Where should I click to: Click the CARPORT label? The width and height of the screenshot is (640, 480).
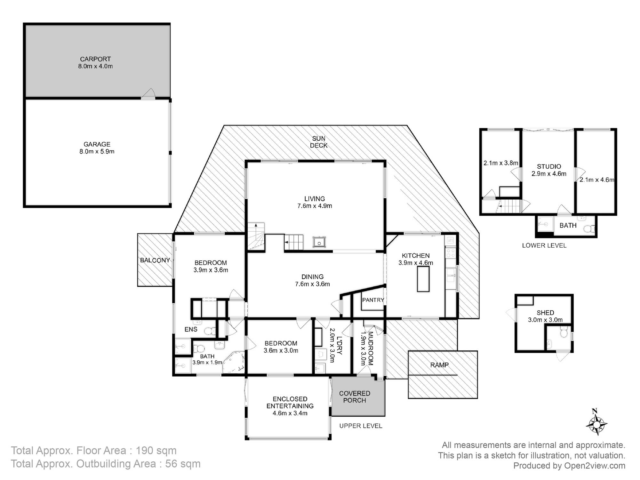coord(95,59)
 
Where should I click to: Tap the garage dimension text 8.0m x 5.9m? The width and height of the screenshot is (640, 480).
coord(97,151)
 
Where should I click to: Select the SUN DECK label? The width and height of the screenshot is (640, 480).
coord(319,142)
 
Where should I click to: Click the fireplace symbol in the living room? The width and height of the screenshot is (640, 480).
coord(319,242)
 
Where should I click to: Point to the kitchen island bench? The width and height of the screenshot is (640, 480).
coord(423,278)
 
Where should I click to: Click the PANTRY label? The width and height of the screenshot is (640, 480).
coord(373,300)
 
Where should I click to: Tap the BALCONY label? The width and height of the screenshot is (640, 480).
coord(155,260)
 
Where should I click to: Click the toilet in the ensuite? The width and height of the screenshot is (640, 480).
coord(210,331)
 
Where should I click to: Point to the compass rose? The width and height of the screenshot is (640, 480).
coord(596,424)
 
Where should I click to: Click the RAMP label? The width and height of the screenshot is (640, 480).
coord(439,365)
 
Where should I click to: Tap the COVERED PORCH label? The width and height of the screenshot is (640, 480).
coord(355,397)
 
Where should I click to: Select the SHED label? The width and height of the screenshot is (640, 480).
coord(545,313)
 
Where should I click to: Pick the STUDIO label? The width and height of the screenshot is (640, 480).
coord(549,166)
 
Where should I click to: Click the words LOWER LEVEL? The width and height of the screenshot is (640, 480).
coord(544,245)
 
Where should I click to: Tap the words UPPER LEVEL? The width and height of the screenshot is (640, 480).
coord(361,426)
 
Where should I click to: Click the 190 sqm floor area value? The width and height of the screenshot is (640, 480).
coord(156,451)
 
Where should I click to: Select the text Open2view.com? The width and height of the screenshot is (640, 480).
coord(595,466)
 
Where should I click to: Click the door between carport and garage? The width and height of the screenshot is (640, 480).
coord(148,94)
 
